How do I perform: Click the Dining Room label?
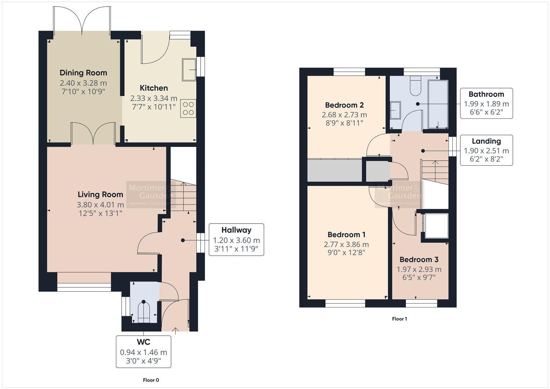click(83, 73)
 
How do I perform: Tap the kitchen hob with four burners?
click(189, 108)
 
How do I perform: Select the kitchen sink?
click(189, 70)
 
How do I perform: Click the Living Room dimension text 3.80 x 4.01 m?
click(100, 205)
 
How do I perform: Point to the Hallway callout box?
click(236, 240)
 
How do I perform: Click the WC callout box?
click(143, 352)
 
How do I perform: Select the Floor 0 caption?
click(151, 380)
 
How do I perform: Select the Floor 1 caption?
click(399, 319)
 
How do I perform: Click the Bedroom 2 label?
click(344, 105)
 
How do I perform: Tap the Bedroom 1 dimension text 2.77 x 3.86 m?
click(346, 245)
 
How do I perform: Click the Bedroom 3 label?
click(419, 260)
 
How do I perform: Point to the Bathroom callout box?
click(486, 103)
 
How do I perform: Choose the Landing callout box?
click(486, 151)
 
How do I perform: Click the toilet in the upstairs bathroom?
click(415, 86)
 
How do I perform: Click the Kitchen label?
click(154, 88)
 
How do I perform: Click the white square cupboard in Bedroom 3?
click(437, 226)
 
